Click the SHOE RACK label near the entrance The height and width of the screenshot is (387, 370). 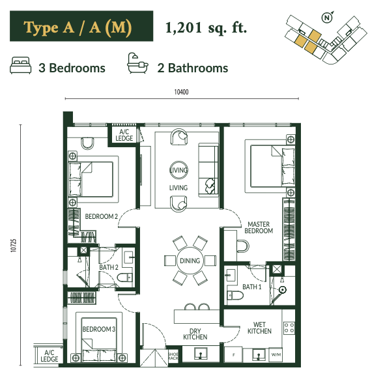pyautogui.click(x=173, y=356)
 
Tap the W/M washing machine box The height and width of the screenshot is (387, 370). pyautogui.click(x=276, y=354)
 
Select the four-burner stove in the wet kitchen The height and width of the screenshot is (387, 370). pyautogui.click(x=289, y=328)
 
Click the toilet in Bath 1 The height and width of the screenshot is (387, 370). pyautogui.click(x=235, y=295)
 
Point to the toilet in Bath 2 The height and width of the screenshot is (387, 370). pyautogui.click(x=125, y=278)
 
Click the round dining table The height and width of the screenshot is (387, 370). pyautogui.click(x=190, y=261)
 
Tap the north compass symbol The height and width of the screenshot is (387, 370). pyautogui.click(x=327, y=18)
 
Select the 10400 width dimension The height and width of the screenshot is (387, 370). pyautogui.click(x=182, y=92)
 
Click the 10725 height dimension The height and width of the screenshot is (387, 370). pyautogui.click(x=14, y=246)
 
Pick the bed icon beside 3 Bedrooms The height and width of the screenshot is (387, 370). pyautogui.click(x=21, y=65)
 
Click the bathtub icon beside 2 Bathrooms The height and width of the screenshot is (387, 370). pyautogui.click(x=137, y=63)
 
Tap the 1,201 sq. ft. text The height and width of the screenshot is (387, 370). pyautogui.click(x=206, y=27)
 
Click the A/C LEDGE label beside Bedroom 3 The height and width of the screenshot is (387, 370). pyautogui.click(x=50, y=356)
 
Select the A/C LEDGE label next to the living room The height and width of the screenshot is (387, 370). pyautogui.click(x=124, y=135)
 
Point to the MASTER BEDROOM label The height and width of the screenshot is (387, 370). pyautogui.click(x=259, y=227)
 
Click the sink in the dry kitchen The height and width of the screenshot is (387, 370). pyautogui.click(x=201, y=354)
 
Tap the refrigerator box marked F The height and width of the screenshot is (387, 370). pyautogui.click(x=233, y=355)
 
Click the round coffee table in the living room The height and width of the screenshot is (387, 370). pyautogui.click(x=179, y=170)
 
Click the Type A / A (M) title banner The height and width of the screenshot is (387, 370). pyautogui.click(x=81, y=26)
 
